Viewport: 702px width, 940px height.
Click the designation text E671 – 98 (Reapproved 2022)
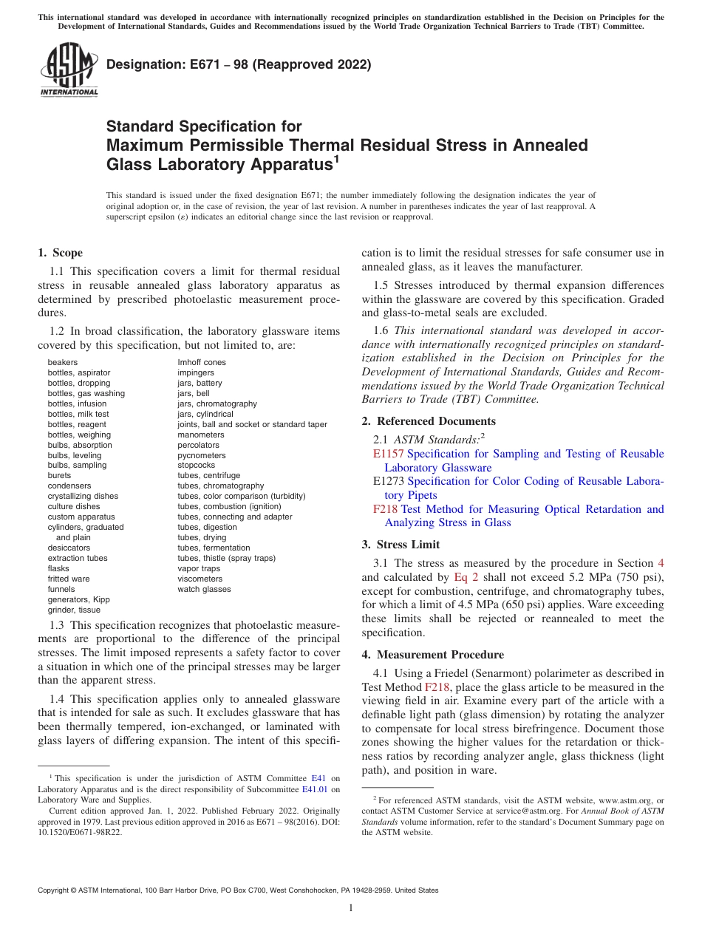pyautogui.click(x=239, y=64)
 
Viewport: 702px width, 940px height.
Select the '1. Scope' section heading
pyautogui.click(x=60, y=253)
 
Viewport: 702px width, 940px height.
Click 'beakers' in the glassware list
pyautogui.click(x=63, y=362)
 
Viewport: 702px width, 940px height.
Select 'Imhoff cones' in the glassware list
pyautogui.click(x=202, y=362)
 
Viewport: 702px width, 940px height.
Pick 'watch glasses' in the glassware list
pyautogui.click(x=204, y=589)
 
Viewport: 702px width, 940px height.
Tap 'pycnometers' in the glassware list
pyautogui.click(x=202, y=455)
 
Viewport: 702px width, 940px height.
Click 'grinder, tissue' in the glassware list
pyautogui.click(x=74, y=610)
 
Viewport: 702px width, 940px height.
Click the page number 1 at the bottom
pyautogui.click(x=351, y=908)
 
